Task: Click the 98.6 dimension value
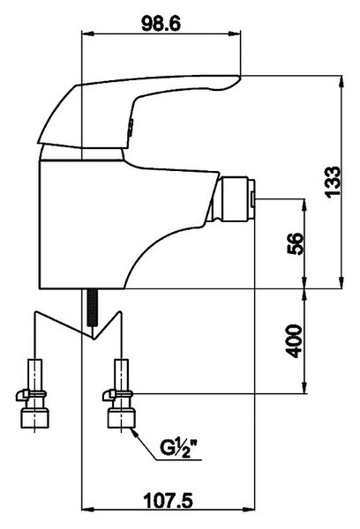(x=161, y=24)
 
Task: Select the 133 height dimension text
(x=333, y=181)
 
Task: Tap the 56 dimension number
(x=295, y=243)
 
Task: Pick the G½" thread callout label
(x=179, y=449)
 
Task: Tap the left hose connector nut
(x=34, y=418)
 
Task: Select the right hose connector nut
(x=122, y=418)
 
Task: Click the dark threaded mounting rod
(x=92, y=308)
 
